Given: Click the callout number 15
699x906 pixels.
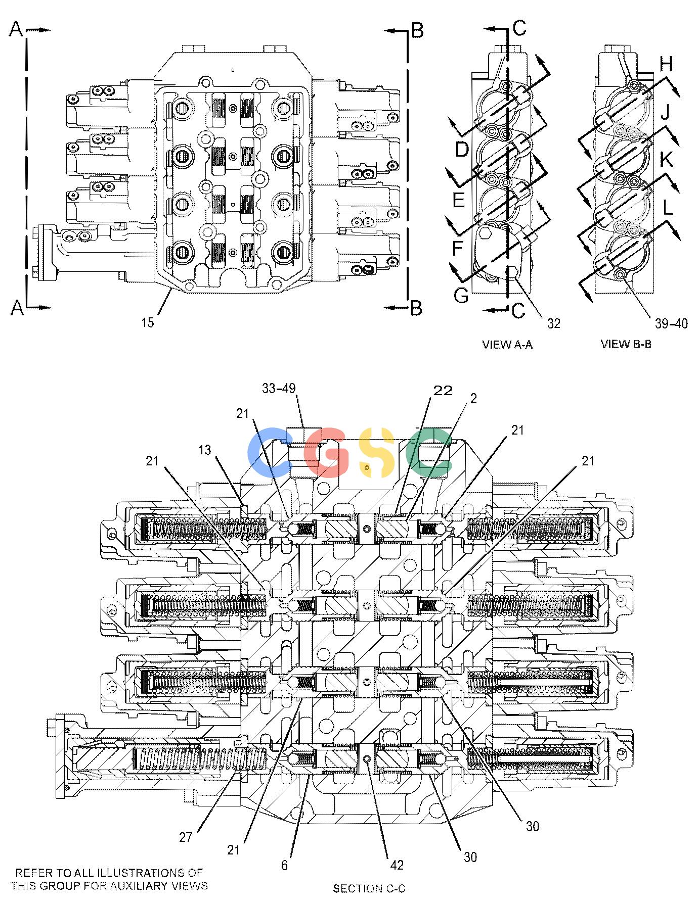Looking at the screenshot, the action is (147, 322).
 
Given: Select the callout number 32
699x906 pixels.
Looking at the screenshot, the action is (554, 323).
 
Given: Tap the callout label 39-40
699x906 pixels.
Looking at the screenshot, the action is (671, 324).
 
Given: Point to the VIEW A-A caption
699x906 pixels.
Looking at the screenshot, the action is (507, 345).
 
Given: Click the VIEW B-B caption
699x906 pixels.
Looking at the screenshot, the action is (626, 345).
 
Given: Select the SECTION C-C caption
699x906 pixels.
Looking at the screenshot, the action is (369, 889).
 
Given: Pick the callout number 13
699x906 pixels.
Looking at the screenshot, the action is (204, 450).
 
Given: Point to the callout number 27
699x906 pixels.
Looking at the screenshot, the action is (186, 837).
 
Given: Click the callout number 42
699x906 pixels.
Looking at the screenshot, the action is (397, 866).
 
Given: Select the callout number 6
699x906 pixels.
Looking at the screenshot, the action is (284, 866).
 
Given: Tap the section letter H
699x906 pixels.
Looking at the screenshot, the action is (666, 64).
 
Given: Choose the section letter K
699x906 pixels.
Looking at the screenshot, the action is (666, 160).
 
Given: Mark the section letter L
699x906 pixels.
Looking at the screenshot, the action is (668, 207).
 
